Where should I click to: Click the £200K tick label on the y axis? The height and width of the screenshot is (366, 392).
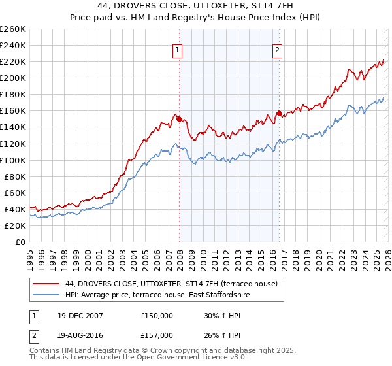coord(13,78)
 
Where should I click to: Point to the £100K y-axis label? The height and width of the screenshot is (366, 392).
coord(13,160)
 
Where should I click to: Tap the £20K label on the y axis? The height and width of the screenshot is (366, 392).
coord(15,225)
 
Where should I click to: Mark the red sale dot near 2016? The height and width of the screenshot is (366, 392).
coord(279,113)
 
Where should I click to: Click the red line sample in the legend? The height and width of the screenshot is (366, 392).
coord(46,284)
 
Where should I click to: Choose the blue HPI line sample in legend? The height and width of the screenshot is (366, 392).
coord(46,295)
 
